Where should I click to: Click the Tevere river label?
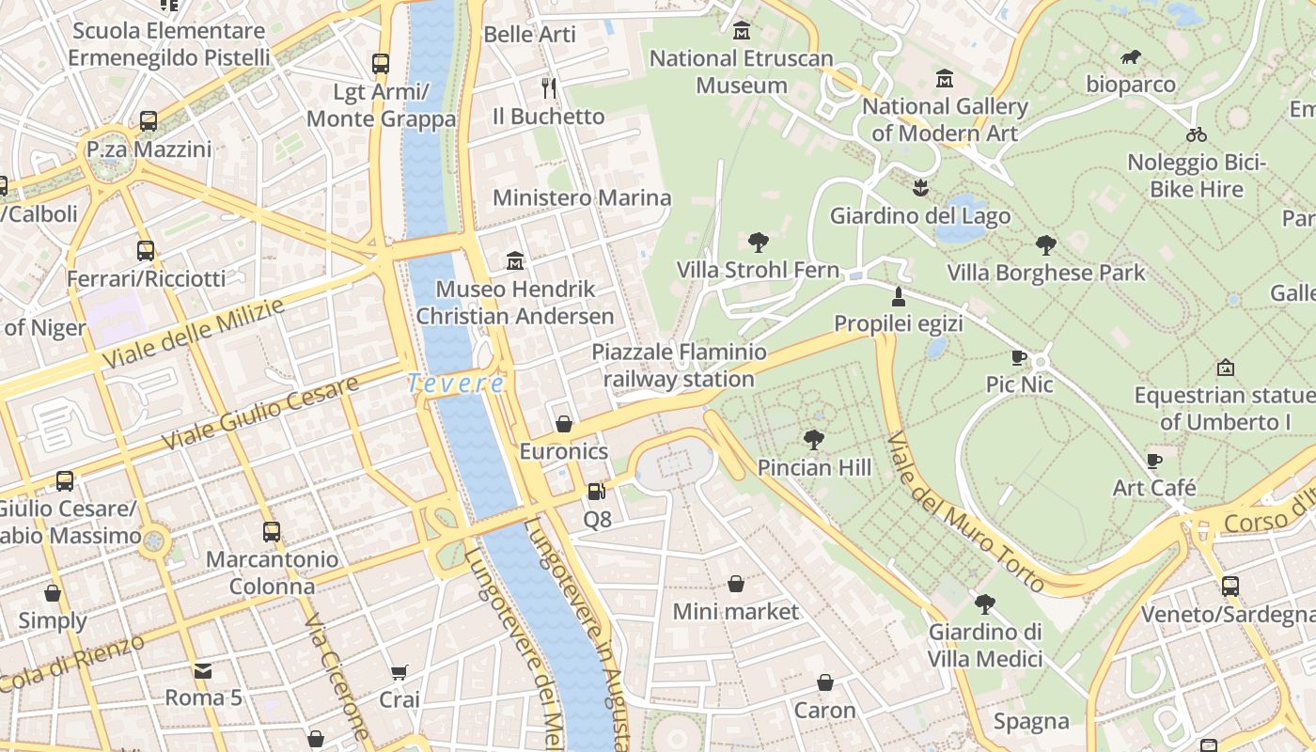[x=456, y=384]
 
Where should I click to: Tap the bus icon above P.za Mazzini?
[x=149, y=120]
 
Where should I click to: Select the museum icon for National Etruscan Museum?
[x=742, y=31]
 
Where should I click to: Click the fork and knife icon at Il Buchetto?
[x=549, y=88]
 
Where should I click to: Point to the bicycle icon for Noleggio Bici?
[x=1197, y=133]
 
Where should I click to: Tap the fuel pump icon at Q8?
[x=596, y=491]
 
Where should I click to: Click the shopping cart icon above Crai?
[x=399, y=672]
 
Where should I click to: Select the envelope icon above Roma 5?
[x=203, y=670]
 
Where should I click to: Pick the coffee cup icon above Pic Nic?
[x=1018, y=357]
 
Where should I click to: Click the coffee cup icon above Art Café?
[x=1154, y=461]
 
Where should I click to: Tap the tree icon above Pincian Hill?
[x=814, y=439]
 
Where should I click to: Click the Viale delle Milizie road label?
[x=193, y=334]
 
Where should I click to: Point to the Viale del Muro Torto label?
[x=966, y=512]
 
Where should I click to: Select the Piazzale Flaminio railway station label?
[x=679, y=366]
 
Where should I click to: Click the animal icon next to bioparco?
[x=1131, y=57]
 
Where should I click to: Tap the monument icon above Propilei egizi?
[x=899, y=297]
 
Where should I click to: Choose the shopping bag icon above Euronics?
[x=564, y=424]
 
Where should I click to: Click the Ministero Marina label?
[x=582, y=197]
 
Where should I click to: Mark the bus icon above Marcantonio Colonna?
[x=272, y=531]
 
